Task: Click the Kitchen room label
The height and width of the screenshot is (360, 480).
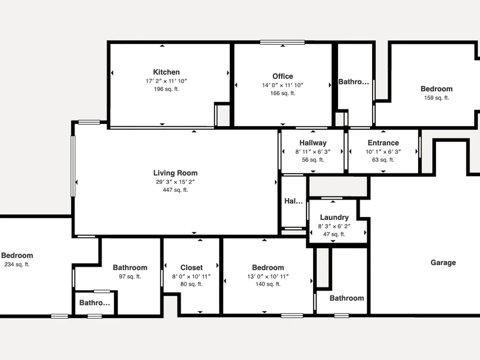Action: [x=166, y=72]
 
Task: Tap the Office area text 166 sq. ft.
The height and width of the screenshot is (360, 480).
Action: [x=283, y=94]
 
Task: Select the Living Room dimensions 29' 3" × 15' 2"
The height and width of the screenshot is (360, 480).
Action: [x=175, y=182]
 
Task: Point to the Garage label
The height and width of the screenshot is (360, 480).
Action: [x=443, y=263]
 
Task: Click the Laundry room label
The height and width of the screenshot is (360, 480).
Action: [x=334, y=217]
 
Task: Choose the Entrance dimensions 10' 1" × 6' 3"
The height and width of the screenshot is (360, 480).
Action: [x=383, y=152]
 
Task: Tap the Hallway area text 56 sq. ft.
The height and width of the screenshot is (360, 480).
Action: [x=313, y=160]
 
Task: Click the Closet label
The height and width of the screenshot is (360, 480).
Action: [x=192, y=267]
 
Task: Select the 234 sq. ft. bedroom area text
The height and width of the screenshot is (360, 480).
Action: [x=17, y=264]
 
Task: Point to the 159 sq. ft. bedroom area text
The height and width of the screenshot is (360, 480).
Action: [x=436, y=98]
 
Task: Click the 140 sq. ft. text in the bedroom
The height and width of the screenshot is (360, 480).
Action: [x=268, y=284]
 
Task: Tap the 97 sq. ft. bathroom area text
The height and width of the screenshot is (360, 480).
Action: [x=130, y=277]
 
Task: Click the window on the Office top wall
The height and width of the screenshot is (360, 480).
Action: [x=282, y=42]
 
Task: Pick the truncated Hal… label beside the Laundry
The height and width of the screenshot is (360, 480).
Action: [x=293, y=201]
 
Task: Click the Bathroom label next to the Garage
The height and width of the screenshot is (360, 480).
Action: [x=347, y=298]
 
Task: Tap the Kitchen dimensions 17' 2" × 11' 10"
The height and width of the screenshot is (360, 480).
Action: [x=166, y=81]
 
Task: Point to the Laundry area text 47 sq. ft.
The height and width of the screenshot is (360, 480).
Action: [x=334, y=235]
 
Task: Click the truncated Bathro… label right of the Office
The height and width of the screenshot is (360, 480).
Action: [x=354, y=82]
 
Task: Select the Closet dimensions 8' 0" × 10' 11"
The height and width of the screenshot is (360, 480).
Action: [x=192, y=277]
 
